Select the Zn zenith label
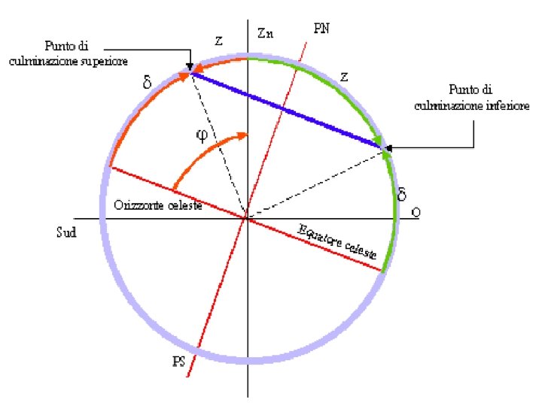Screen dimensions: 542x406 coord(264,33)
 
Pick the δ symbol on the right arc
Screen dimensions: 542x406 coord(402,195)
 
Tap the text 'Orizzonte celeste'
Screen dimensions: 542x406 coord(157,205)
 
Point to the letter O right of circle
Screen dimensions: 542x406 coord(416,213)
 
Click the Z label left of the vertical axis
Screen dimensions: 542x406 coord(218,42)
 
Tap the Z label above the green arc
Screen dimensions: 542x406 coord(343,77)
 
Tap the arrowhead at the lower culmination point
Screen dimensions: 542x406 coord(385,147)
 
